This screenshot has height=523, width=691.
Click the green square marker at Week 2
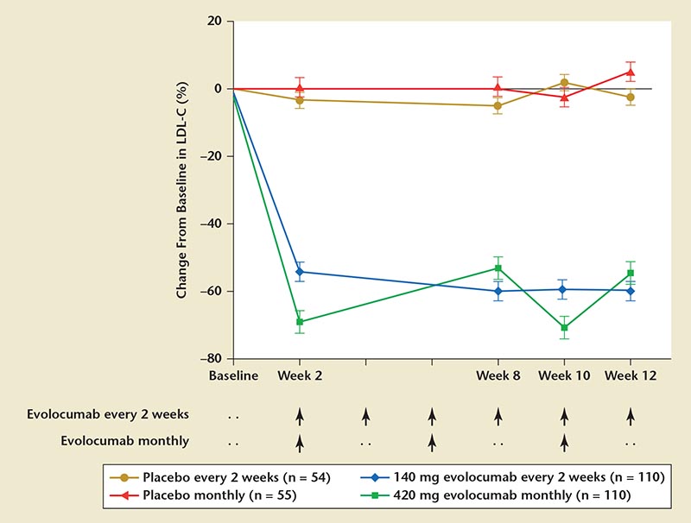coord(300,322)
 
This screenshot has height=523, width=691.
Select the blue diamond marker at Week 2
coord(300,272)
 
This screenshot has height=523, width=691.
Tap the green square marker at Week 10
coord(564,327)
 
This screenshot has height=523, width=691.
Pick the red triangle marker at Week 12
coord(631,72)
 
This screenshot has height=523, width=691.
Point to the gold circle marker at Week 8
coord(498,106)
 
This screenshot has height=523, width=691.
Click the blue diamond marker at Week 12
coord(631,291)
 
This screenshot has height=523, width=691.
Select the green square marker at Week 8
coord(498,268)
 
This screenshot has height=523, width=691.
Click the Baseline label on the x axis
coord(233,376)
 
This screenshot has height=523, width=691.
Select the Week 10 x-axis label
coord(564,376)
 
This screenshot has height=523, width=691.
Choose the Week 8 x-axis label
coord(498,376)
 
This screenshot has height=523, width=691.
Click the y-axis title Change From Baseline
coord(182,190)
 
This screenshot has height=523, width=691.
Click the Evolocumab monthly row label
coord(125,440)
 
